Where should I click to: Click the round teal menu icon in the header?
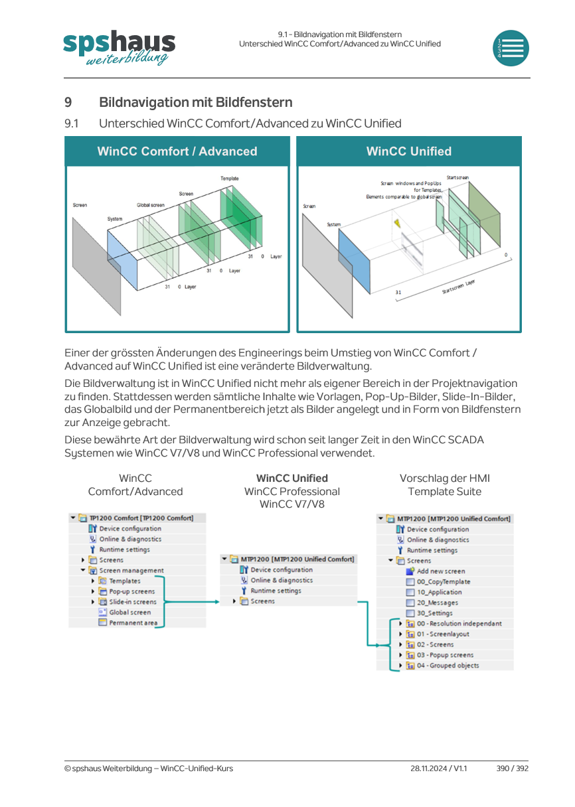pyautogui.click(x=511, y=48)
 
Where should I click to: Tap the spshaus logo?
pyautogui.click(x=119, y=47)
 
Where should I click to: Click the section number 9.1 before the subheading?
pyautogui.click(x=72, y=123)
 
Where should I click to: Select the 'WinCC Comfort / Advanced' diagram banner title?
pyautogui.click(x=177, y=151)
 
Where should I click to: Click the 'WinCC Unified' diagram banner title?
pyautogui.click(x=409, y=151)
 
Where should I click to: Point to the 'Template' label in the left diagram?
pyautogui.click(x=230, y=179)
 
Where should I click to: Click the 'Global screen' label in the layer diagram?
pyautogui.click(x=150, y=205)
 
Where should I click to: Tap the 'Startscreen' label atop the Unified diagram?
pyautogui.click(x=457, y=178)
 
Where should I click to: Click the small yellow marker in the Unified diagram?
pyautogui.click(x=397, y=224)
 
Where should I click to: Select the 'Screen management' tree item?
pyautogui.click(x=131, y=570)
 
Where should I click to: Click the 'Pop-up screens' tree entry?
pyautogui.click(x=132, y=591)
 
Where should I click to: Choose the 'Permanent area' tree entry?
pyautogui.click(x=133, y=623)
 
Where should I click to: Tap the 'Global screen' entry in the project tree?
pyautogui.click(x=130, y=612)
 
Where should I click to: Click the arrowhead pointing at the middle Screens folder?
pyautogui.click(x=216, y=602)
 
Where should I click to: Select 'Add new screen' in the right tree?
pyautogui.click(x=441, y=571)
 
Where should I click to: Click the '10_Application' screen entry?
pyautogui.click(x=439, y=592)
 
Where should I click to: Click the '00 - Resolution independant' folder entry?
pyautogui.click(x=459, y=623)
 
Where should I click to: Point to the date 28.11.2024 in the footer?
pyautogui.click(x=428, y=768)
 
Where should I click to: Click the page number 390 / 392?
pyautogui.click(x=513, y=768)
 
